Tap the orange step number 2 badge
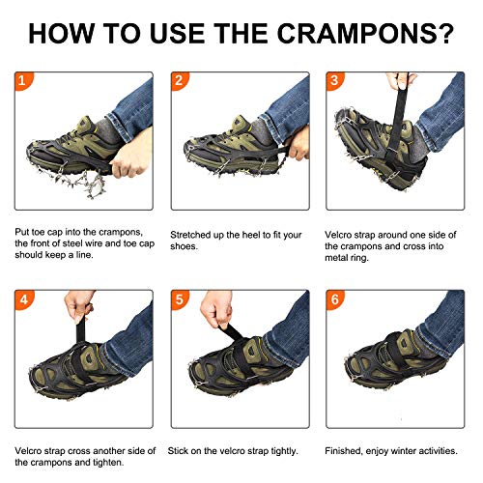click(178, 80)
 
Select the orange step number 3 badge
click(334, 80)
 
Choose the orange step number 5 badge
click(178, 298)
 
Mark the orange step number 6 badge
click(334, 298)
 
